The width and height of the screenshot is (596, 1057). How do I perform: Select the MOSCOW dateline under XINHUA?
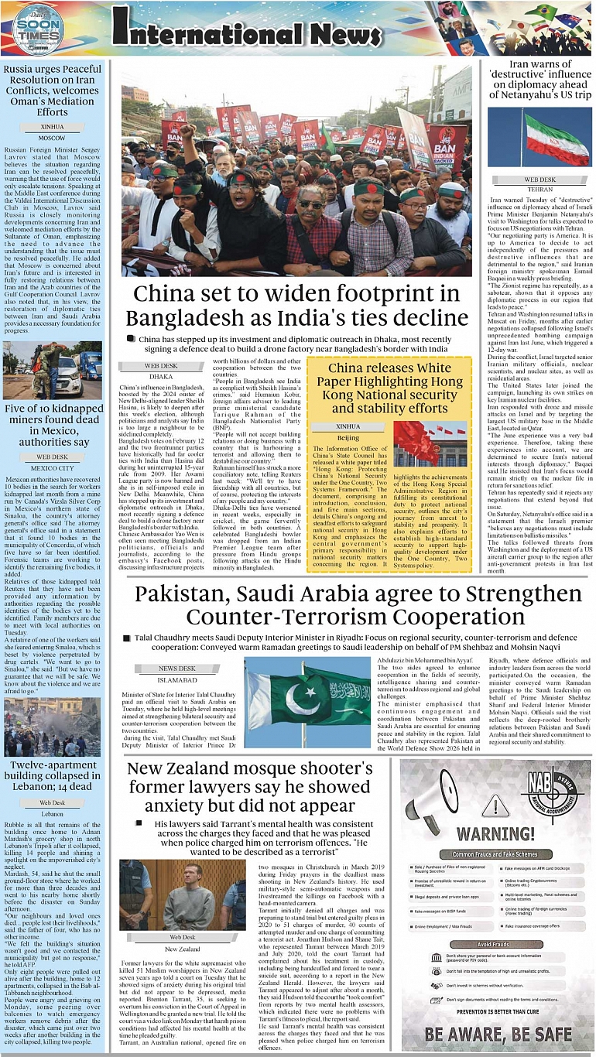[x=52, y=137]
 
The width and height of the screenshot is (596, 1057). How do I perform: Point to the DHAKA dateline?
[x=161, y=376]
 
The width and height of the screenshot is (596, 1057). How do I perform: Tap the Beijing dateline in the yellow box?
[x=348, y=438]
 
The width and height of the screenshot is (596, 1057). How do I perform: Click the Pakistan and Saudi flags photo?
[x=307, y=702]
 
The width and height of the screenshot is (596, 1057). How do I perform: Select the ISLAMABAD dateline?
[x=177, y=679]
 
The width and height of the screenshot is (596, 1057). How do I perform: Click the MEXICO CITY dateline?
[x=52, y=468]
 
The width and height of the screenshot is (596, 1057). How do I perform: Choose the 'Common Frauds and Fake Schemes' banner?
[x=495, y=854]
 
